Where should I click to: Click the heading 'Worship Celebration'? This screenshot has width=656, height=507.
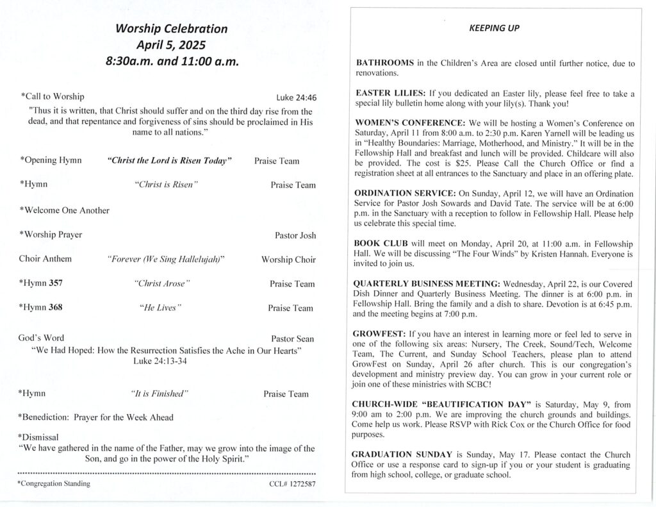(x=171, y=29)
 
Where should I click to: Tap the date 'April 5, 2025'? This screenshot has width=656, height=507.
(x=171, y=46)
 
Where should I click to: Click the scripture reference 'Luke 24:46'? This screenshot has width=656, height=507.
(x=297, y=98)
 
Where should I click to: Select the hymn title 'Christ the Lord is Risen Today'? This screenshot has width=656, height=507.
(x=169, y=160)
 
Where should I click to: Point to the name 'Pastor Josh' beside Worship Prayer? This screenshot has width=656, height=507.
(x=295, y=235)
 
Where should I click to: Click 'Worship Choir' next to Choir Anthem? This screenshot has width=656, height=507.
(x=288, y=260)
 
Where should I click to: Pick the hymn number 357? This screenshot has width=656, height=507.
(x=56, y=283)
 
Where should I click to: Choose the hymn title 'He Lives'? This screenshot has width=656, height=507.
(x=160, y=308)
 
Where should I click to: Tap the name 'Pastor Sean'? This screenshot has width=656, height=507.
(x=293, y=338)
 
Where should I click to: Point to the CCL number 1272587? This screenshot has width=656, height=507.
(x=293, y=484)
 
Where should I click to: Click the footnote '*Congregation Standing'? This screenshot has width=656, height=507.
(x=54, y=484)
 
